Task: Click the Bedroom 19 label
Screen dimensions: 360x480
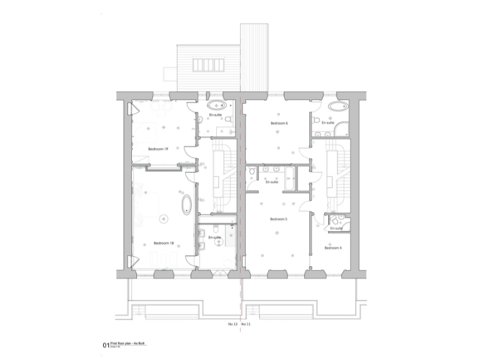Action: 158,149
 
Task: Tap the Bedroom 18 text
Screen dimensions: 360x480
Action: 164,244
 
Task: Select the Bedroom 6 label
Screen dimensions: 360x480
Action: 279,124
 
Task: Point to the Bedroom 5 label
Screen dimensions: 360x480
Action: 278,219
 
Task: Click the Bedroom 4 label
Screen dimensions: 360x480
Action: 332,249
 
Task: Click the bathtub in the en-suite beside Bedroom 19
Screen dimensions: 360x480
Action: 216,104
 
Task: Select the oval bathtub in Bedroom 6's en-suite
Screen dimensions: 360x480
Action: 341,105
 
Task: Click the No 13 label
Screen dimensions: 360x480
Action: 232,326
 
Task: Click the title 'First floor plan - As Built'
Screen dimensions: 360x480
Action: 127,343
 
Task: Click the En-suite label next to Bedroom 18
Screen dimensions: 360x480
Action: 214,237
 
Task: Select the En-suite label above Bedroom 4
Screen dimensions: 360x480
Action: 336,229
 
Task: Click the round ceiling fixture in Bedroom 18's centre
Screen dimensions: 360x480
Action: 164,217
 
